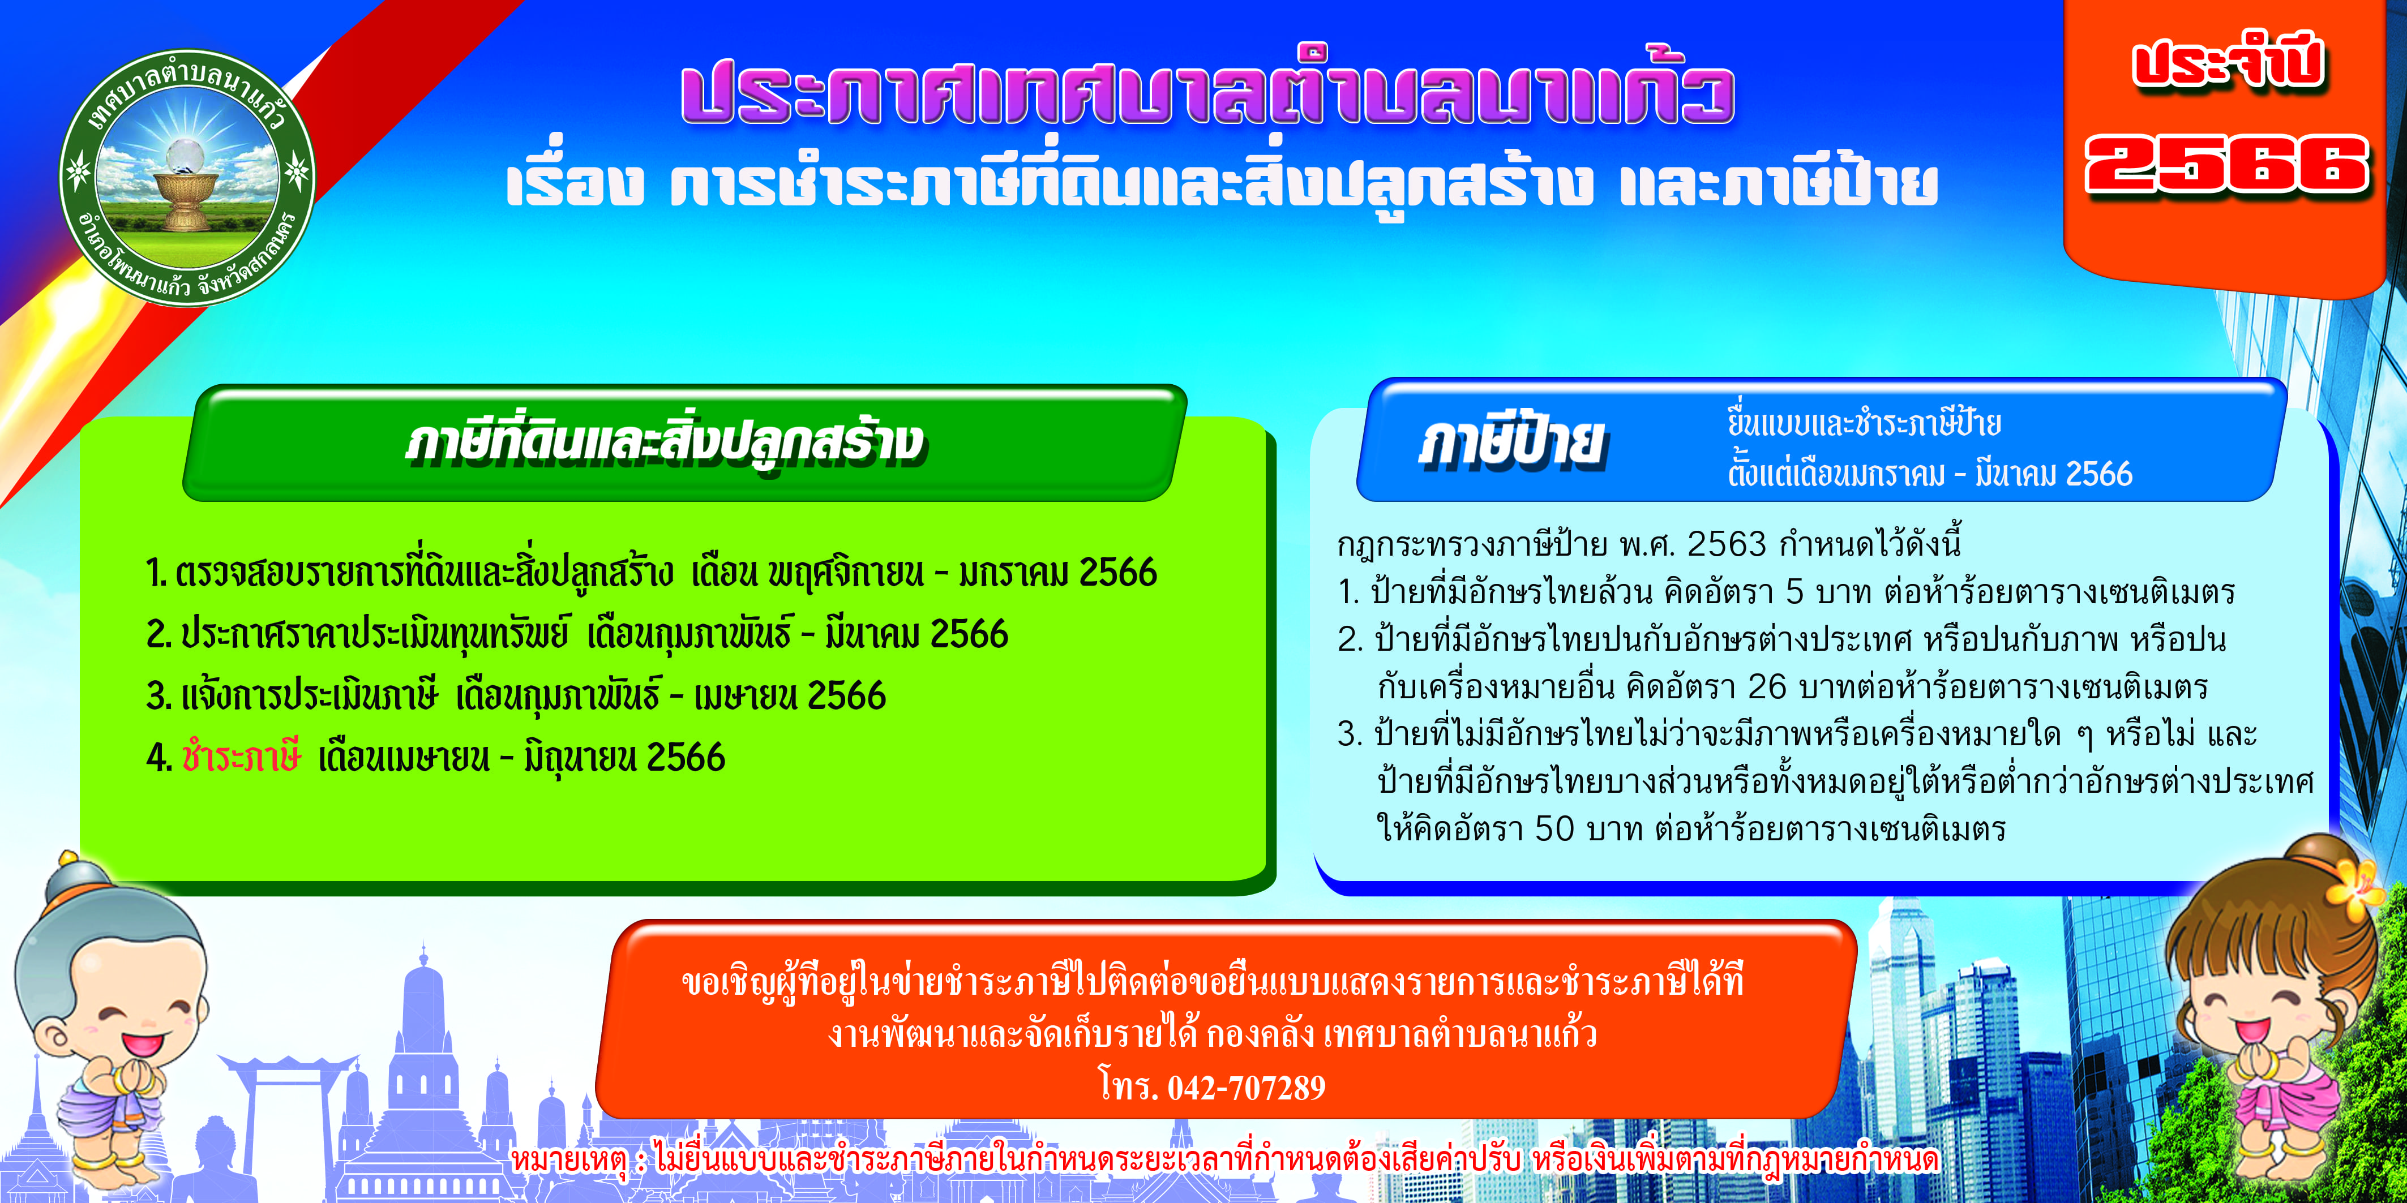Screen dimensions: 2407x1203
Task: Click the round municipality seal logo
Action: pos(187,178)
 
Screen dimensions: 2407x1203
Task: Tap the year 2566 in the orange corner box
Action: pos(2226,165)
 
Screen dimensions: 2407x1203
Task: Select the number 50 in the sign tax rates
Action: pos(1555,828)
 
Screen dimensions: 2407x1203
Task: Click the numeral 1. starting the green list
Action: pos(156,573)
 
